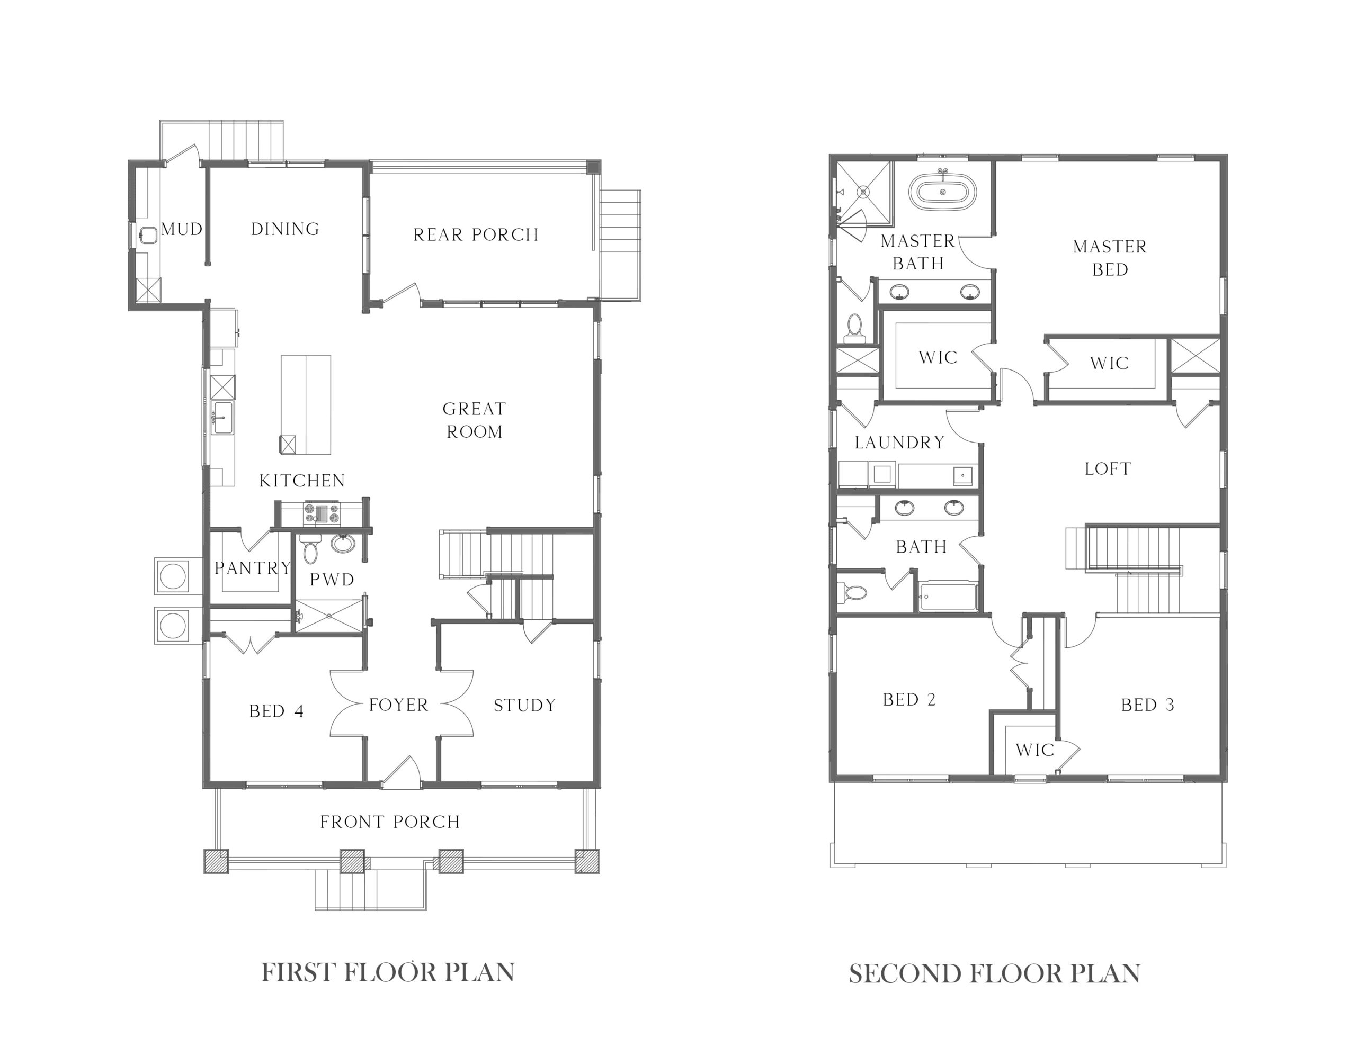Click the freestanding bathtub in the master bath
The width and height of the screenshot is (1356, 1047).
click(x=942, y=192)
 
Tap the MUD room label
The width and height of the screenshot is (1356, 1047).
click(x=182, y=230)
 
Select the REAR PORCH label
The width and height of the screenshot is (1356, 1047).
click(x=476, y=235)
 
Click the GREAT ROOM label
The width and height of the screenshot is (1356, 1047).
click(x=475, y=420)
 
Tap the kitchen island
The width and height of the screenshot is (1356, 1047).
click(x=306, y=404)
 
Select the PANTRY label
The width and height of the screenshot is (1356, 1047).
click(x=253, y=568)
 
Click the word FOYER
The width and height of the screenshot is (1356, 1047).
click(x=399, y=705)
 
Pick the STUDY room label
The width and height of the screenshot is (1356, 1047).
click(x=524, y=706)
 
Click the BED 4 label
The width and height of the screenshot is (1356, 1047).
click(x=276, y=711)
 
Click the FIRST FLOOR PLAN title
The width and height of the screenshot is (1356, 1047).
click(x=388, y=972)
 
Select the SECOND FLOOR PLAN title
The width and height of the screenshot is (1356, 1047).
click(x=995, y=974)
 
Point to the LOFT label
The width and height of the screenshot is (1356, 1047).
click(x=1108, y=469)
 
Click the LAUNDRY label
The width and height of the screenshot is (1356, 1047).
click(x=899, y=443)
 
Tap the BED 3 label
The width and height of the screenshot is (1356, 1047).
click(x=1148, y=705)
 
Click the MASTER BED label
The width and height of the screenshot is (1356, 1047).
click(x=1110, y=258)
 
